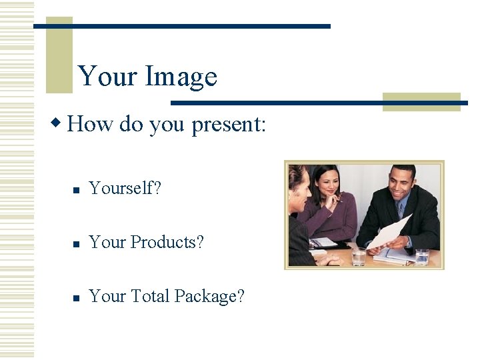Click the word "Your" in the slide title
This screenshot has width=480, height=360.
[x=107, y=76]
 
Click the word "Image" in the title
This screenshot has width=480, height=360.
[x=181, y=77]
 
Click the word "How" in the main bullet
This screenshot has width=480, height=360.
[x=91, y=123]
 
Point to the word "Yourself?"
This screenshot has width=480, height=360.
[x=125, y=189]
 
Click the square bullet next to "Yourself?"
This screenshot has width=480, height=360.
[x=76, y=191]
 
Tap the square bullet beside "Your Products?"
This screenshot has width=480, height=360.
[x=76, y=245]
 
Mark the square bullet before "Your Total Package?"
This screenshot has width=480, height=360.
[x=76, y=298]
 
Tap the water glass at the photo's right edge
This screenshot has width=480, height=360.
[x=422, y=257]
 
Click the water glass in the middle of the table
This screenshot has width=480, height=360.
[x=359, y=256]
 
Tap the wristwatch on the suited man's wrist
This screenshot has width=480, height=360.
[x=408, y=242]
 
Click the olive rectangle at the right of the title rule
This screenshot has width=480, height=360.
[x=421, y=101]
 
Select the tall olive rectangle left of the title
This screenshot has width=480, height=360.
[x=59, y=55]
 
